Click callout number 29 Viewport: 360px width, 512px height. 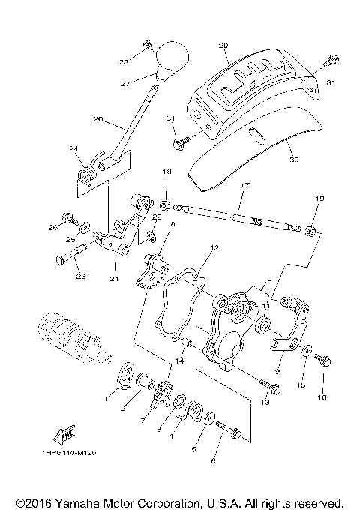point(223,46)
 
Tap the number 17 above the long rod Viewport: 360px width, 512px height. point(244,184)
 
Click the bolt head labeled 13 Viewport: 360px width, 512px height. point(274,388)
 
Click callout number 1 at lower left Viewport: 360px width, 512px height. point(106,400)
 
